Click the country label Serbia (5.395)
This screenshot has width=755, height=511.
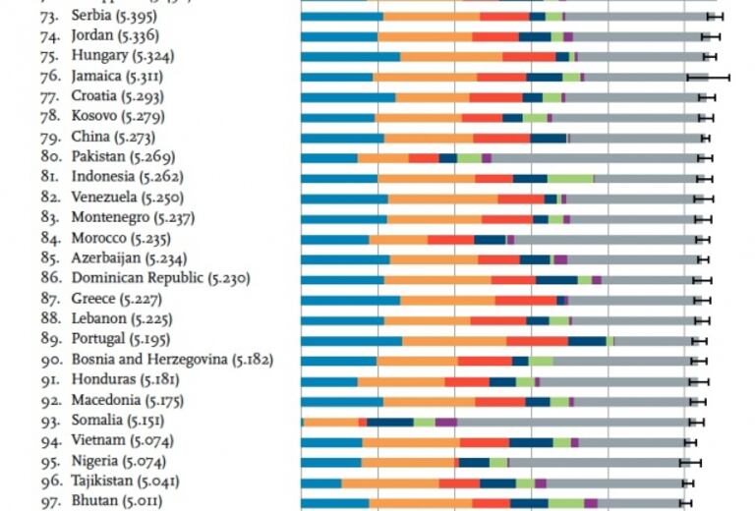(x=118, y=16)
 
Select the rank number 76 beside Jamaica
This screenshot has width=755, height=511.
(x=50, y=77)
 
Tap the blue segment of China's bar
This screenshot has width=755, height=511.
(x=341, y=138)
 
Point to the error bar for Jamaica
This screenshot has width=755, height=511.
(x=708, y=77)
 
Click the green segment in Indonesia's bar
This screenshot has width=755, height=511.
(x=570, y=178)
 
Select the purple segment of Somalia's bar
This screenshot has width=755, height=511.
(x=445, y=422)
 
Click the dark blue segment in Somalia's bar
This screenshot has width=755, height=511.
(x=389, y=422)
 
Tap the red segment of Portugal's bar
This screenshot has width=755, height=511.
(x=537, y=340)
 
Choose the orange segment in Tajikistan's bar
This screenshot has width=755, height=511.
(x=389, y=483)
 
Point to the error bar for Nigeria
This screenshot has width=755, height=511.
(x=690, y=462)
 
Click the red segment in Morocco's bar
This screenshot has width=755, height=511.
(x=450, y=239)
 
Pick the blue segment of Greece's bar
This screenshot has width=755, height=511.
(x=350, y=300)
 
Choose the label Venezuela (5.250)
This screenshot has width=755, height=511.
(x=124, y=198)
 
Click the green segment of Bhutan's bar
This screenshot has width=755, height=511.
(x=565, y=502)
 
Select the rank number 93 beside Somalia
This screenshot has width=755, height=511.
(x=50, y=421)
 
